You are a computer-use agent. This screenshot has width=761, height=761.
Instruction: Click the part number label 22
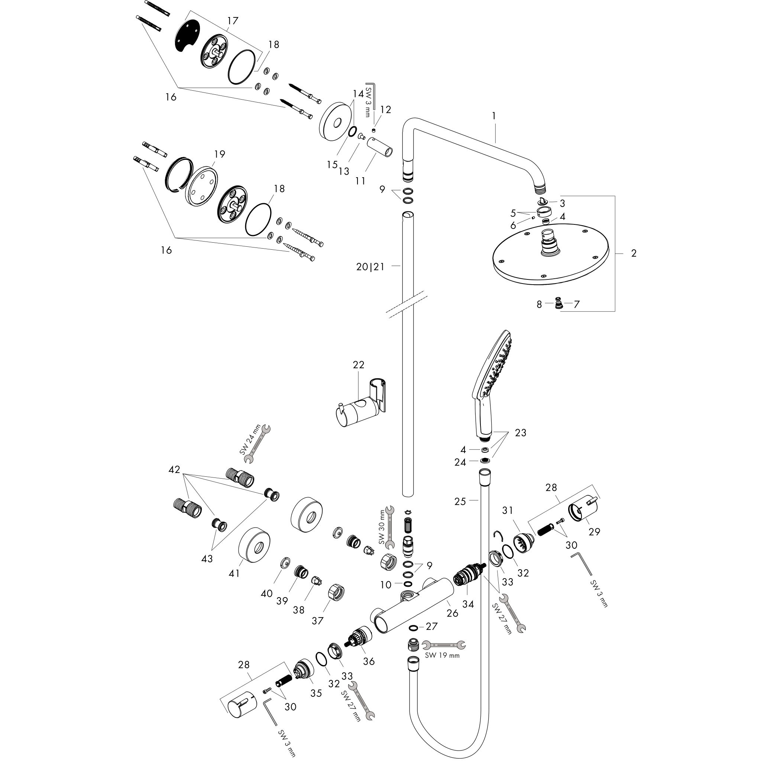click(359, 365)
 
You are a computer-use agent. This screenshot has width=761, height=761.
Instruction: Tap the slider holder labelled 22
click(361, 407)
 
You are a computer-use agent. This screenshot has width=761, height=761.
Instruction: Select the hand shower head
click(493, 386)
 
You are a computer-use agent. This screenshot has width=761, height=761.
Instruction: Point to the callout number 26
click(452, 613)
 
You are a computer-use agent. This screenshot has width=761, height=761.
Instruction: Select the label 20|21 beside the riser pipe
click(370, 267)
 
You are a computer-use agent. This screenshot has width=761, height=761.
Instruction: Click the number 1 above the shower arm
click(494, 116)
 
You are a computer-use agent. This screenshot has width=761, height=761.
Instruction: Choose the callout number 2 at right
click(634, 253)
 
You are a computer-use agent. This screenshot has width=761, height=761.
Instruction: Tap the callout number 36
click(369, 661)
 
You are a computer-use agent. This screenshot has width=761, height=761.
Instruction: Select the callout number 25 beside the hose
click(460, 501)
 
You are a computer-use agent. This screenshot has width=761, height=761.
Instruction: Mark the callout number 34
click(468, 604)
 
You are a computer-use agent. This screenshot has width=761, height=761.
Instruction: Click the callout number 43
click(207, 558)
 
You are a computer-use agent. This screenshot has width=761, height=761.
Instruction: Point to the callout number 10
click(386, 584)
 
